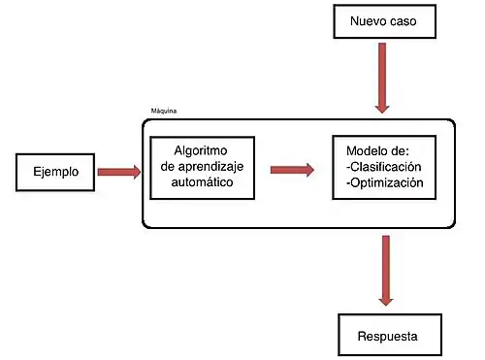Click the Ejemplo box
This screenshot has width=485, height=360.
click(x=56, y=174)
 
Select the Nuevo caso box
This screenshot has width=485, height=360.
click(x=383, y=21)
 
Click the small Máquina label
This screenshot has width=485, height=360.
click(x=164, y=112)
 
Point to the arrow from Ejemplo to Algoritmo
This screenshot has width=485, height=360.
click(x=118, y=174)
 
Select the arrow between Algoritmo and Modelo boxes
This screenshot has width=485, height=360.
click(x=291, y=169)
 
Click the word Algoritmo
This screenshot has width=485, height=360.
click(x=203, y=150)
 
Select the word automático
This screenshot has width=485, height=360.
click(x=203, y=181)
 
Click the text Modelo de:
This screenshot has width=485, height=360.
click(x=377, y=150)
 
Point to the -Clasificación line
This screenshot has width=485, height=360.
click(x=384, y=166)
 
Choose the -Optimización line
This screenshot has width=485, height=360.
click(x=384, y=182)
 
